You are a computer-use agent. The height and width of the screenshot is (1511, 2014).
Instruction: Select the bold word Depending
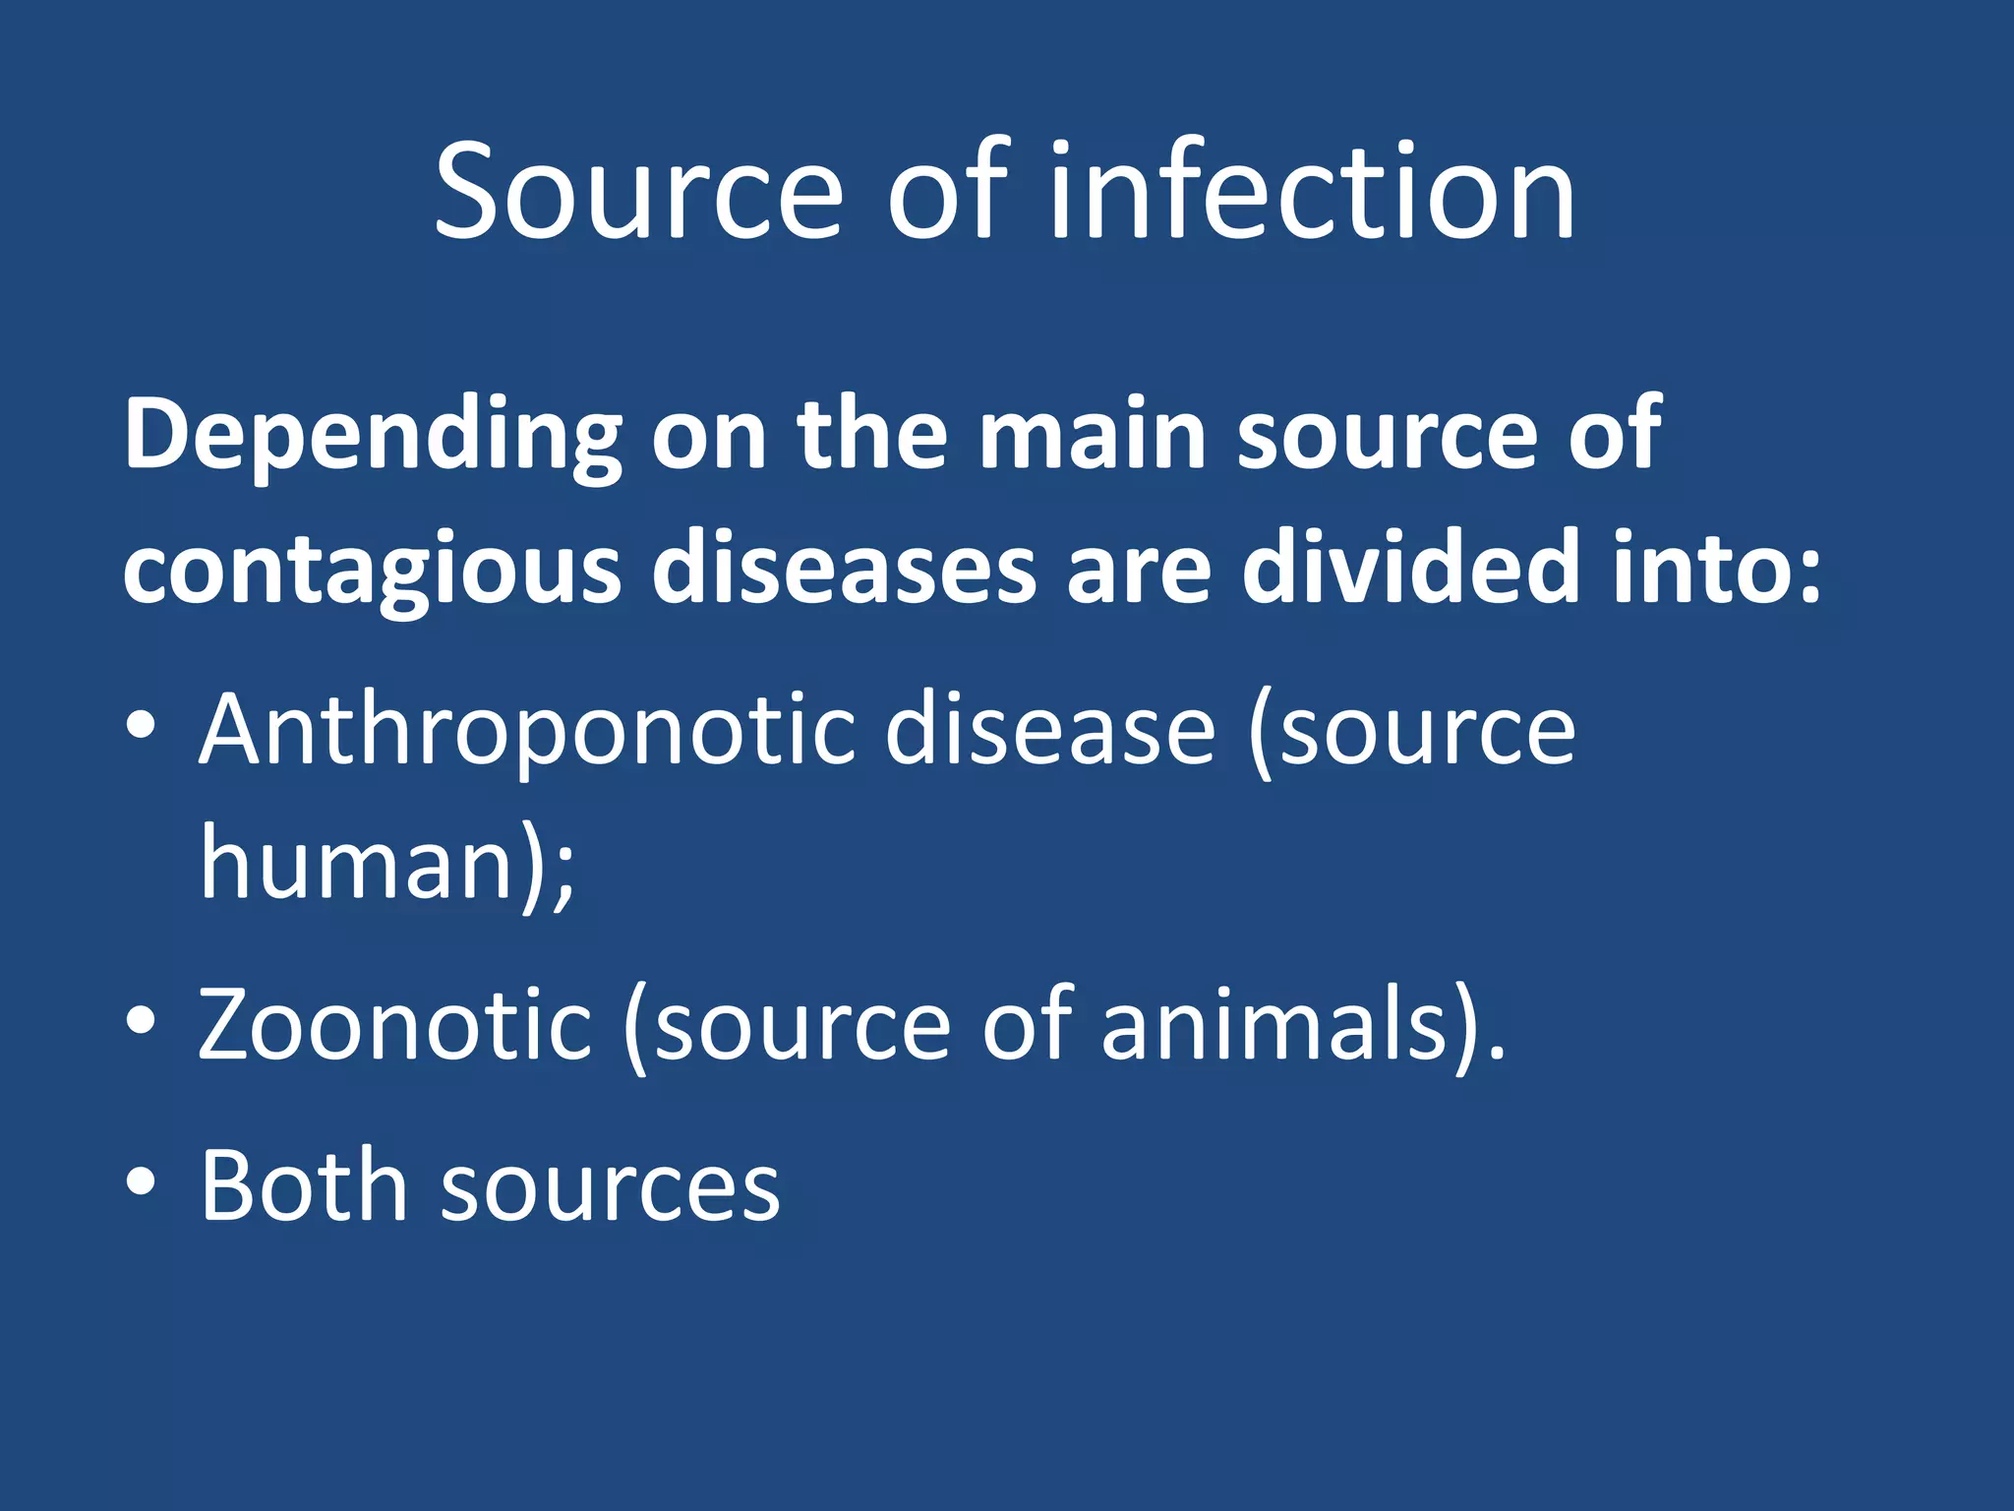[373, 436]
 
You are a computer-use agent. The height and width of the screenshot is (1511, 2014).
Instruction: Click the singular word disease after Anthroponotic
[1049, 730]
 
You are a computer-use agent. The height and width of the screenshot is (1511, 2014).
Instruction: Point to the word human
[358, 863]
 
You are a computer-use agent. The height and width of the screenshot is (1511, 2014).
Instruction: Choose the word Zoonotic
[394, 1025]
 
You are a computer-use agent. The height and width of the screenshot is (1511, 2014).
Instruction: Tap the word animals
[1274, 1025]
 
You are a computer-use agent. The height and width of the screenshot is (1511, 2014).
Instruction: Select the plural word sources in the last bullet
[610, 1188]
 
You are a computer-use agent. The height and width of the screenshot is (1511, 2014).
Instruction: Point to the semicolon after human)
[563, 872]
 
